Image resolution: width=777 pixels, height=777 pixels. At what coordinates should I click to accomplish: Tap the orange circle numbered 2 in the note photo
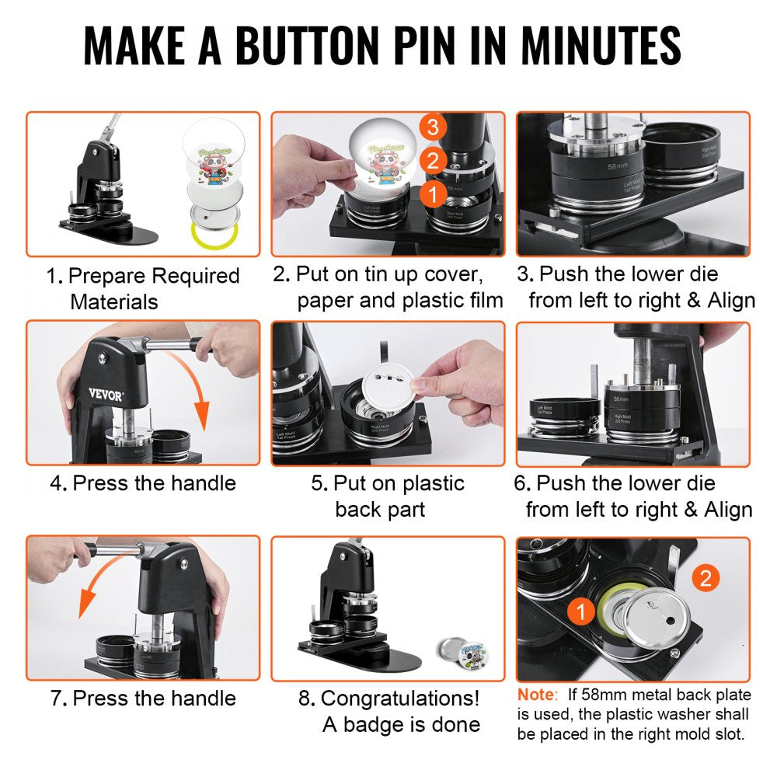pos(704,577)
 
